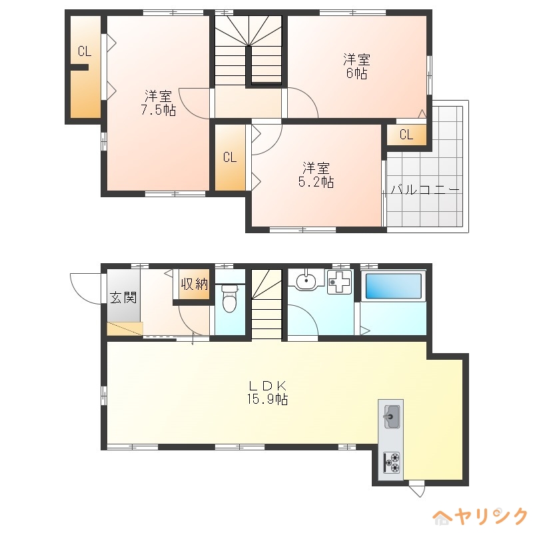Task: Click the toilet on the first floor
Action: (229, 298)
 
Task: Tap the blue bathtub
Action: (393, 286)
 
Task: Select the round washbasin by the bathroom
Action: (306, 280)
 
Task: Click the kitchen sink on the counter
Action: (392, 417)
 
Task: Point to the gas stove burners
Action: (392, 462)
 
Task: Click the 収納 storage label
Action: (194, 284)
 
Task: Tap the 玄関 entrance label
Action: (123, 297)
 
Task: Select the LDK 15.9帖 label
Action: (268, 392)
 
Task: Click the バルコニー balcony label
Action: (425, 189)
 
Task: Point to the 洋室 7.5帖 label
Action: (159, 103)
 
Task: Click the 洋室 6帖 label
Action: (356, 67)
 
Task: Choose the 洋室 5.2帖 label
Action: (316, 175)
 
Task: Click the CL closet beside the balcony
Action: (406, 135)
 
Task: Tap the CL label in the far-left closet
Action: (85, 51)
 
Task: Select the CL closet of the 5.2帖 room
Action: (230, 157)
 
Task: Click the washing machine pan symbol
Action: (339, 282)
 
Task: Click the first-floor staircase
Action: (267, 304)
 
